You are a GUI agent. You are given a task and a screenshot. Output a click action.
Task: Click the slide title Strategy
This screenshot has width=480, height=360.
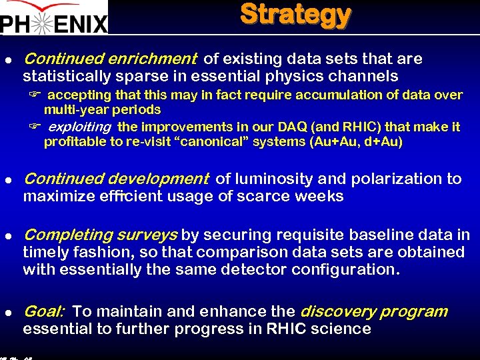coord(295,15)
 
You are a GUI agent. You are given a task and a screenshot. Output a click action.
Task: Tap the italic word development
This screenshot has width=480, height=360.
coord(159,179)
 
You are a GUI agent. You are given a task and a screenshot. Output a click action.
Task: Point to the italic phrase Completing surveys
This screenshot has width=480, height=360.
coord(101,235)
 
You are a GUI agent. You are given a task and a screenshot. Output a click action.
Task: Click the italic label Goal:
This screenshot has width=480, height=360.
coord(44,311)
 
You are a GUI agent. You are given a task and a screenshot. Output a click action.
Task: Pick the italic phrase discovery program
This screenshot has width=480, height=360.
coord(374,311)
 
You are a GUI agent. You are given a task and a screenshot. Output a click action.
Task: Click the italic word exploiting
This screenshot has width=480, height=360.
coord(79,127)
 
